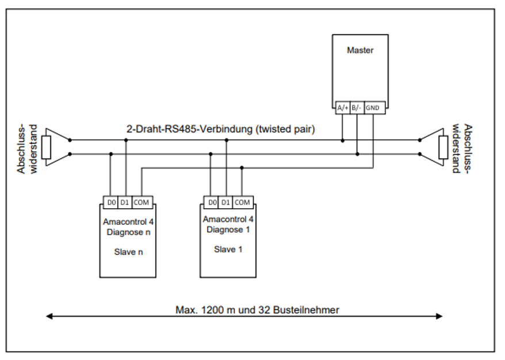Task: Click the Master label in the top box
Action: [360, 51]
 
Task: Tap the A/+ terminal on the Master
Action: [342, 107]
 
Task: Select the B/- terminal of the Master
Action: [357, 107]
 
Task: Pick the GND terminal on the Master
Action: [372, 107]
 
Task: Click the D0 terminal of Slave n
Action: [110, 202]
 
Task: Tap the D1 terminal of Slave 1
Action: [226, 202]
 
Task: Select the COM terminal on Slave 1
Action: [242, 202]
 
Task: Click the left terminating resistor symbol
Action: [47, 147]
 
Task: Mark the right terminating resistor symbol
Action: [443, 147]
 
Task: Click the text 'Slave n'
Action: [128, 252]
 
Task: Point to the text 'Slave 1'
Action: [228, 250]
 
